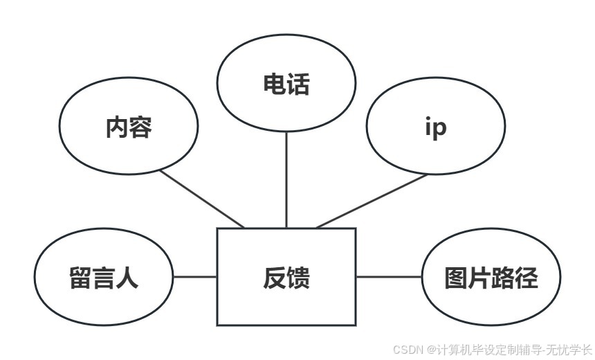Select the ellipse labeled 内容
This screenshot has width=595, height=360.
(x=129, y=127)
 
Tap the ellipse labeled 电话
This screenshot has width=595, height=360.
(x=286, y=84)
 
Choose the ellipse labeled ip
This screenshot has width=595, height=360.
(x=435, y=128)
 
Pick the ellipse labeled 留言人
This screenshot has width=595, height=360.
(x=104, y=277)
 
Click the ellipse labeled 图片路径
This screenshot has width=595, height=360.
(x=491, y=277)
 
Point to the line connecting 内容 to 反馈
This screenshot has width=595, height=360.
(x=201, y=199)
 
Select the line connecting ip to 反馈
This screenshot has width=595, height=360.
(x=372, y=201)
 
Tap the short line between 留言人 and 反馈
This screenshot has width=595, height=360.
(x=194, y=277)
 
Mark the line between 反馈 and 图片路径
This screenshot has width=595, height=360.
(x=389, y=277)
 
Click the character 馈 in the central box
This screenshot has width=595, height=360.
(x=298, y=278)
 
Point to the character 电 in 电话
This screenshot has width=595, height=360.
(x=274, y=84)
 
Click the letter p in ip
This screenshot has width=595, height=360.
(x=440, y=130)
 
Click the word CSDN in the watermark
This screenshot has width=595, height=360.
(x=408, y=350)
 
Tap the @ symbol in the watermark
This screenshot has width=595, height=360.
(x=431, y=350)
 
